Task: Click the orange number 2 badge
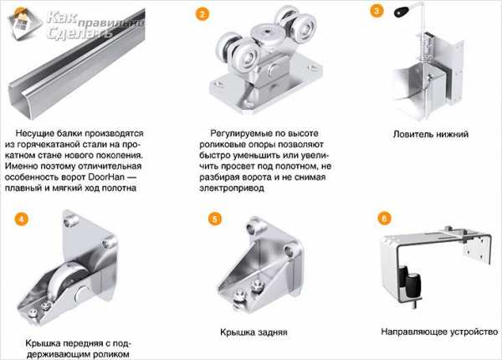click(x=202, y=13)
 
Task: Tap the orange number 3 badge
click(x=376, y=11)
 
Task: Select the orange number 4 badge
click(x=22, y=219)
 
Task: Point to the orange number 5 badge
click(x=215, y=219)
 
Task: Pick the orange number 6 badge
click(x=384, y=219)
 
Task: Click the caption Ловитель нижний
click(x=431, y=134)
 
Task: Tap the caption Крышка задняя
click(x=254, y=332)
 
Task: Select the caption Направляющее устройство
click(x=439, y=332)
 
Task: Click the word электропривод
click(x=232, y=188)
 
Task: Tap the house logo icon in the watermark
click(x=24, y=23)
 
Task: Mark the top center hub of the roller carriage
click(x=266, y=33)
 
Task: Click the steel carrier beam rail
click(x=77, y=64)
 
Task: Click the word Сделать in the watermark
click(x=79, y=33)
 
